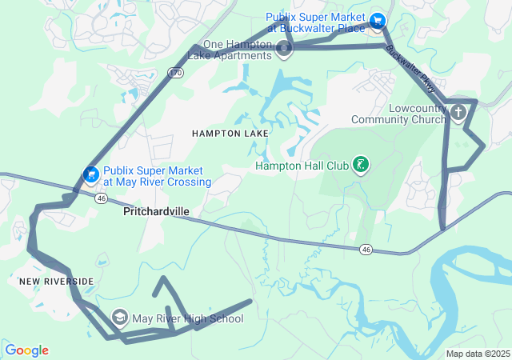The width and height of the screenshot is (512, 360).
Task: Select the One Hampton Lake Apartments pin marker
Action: pos(284,50)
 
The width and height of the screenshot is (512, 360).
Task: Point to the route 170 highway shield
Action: pos(174,73)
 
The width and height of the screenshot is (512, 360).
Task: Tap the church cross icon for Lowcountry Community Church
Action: pos(458,112)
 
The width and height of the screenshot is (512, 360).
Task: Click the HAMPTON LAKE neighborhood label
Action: pos(223,134)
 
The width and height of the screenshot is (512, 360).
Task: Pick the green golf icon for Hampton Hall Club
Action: pos(362,166)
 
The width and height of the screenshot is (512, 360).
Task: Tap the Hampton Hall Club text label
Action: pos(302,166)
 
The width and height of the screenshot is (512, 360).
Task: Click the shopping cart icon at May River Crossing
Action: pos(92,174)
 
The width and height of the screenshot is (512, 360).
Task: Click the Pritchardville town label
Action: pos(157,213)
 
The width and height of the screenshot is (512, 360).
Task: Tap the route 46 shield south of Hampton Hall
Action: pos(366,250)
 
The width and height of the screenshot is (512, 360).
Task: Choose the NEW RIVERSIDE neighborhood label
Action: pos(57,282)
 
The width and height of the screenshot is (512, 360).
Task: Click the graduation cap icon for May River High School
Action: pos(120,318)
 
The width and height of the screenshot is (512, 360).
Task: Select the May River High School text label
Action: pos(188,318)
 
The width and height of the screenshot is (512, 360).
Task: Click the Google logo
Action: pos(26,350)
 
